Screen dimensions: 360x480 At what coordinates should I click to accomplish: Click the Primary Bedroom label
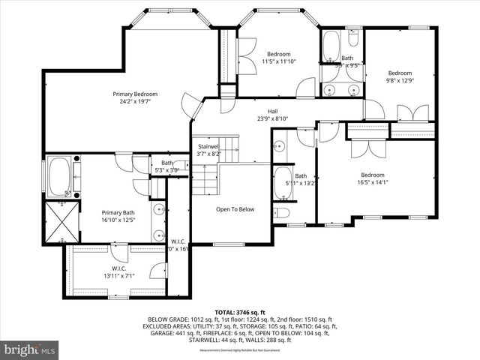click(135, 94)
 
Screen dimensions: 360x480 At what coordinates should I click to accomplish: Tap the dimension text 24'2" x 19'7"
click(135, 101)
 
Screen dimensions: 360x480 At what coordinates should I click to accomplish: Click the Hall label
click(262, 110)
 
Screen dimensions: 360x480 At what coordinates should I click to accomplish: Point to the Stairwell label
click(208, 147)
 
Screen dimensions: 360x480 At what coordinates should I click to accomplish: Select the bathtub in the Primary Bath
click(60, 177)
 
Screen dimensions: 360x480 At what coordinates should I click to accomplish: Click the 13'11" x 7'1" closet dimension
click(119, 275)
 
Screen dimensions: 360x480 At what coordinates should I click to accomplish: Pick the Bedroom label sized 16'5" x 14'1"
click(373, 174)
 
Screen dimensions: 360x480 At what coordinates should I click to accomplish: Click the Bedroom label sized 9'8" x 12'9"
click(400, 73)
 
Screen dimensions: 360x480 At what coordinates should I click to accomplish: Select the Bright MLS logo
click(30, 349)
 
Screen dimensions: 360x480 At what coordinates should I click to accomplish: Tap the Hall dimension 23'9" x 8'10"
click(262, 118)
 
